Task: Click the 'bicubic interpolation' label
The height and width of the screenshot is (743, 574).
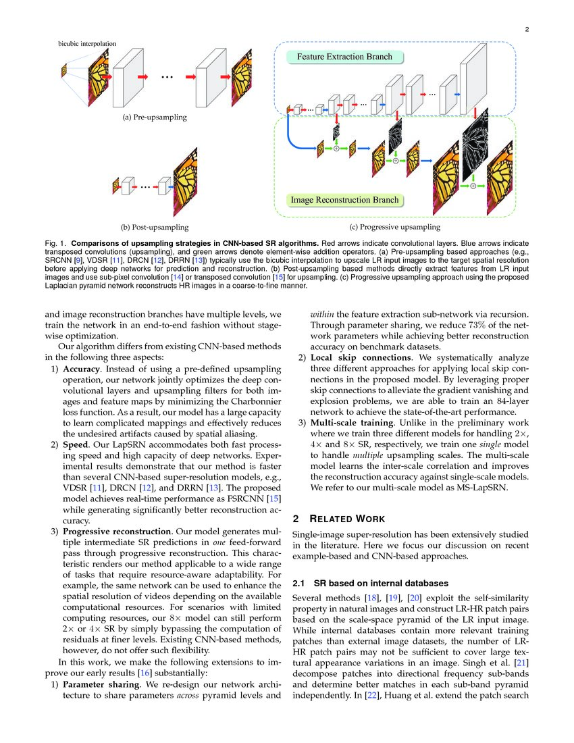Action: [86, 44]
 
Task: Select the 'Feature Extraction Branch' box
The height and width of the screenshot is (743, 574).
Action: [344, 57]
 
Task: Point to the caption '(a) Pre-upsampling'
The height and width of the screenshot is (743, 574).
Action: [155, 117]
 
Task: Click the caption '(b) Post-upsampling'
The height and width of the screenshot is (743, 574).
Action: [154, 227]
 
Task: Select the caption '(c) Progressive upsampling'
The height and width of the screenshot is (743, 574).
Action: [394, 227]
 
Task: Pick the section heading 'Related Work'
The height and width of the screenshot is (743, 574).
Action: [346, 519]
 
